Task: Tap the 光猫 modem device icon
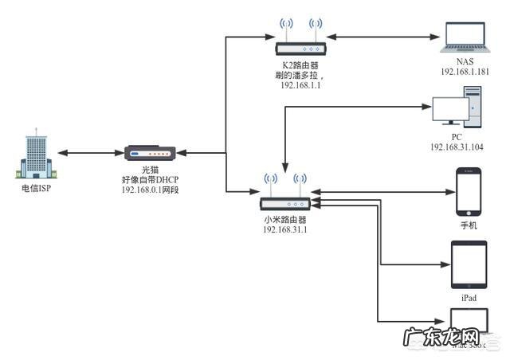coord(150,153)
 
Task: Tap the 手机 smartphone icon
coord(468,191)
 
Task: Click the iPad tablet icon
coord(468,264)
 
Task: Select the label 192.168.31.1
coord(285,229)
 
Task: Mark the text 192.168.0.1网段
coord(151,190)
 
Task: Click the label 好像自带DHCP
coord(151,181)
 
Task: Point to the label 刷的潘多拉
coord(297,75)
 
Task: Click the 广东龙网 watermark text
coord(441,337)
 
